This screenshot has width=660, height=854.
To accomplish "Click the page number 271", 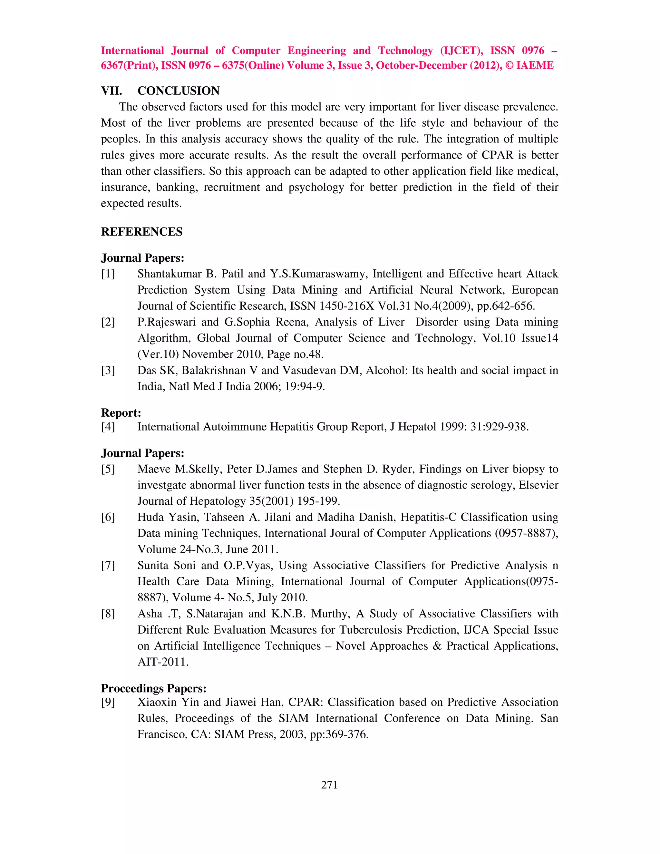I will click(329, 785).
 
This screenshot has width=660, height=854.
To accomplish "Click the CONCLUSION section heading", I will click(178, 91).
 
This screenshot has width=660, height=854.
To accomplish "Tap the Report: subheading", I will click(121, 412).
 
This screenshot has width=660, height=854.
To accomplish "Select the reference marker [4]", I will click(108, 426).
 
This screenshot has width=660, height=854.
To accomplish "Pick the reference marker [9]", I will click(108, 702).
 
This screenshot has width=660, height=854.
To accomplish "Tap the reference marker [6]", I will click(108, 517).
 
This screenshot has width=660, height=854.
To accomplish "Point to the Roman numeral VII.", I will click(112, 91).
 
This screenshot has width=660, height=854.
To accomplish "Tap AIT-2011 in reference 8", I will click(163, 662).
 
